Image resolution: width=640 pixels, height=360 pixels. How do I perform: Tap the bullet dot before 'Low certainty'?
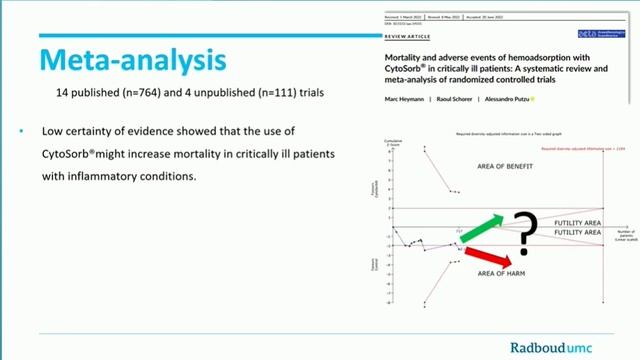(22, 132)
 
